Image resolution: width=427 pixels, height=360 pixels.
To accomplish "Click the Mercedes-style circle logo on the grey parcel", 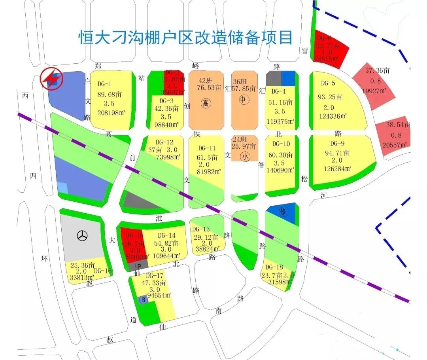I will point(82,236).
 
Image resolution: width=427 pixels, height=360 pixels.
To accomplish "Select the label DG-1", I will point(105,84).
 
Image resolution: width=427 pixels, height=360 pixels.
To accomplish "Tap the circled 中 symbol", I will point(243,100).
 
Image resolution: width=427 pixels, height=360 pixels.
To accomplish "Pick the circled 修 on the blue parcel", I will point(282,212).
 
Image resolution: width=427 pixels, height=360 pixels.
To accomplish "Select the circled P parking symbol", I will point(138,265).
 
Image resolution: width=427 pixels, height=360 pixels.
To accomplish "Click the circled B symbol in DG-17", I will point(143,300).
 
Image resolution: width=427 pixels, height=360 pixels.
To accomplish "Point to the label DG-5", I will point(328,83).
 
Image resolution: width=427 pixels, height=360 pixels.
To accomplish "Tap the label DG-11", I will point(208,148).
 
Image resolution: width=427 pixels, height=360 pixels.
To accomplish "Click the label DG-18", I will point(274,267).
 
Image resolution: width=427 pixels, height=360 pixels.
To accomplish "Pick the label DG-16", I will point(103,271).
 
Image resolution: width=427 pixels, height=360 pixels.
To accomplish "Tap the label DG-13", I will point(201,229).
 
